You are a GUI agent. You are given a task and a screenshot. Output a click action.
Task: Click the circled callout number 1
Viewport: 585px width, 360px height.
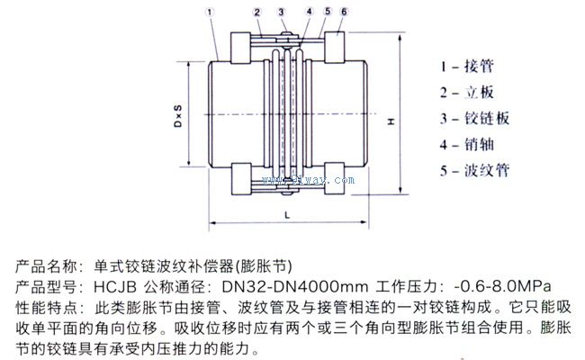pyautogui.click(x=208, y=12)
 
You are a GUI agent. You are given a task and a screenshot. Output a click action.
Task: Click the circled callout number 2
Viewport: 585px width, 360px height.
pyautogui.click(x=257, y=12)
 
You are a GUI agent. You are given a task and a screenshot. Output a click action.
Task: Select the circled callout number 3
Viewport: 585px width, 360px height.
pyautogui.click(x=282, y=12)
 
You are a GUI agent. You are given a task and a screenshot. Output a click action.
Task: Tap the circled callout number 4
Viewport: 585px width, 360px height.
pyautogui.click(x=309, y=12)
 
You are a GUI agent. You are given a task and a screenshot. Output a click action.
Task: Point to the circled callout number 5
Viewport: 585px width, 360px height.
pyautogui.click(x=328, y=12)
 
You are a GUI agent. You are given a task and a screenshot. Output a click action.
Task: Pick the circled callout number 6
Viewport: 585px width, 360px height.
pyautogui.click(x=343, y=12)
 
